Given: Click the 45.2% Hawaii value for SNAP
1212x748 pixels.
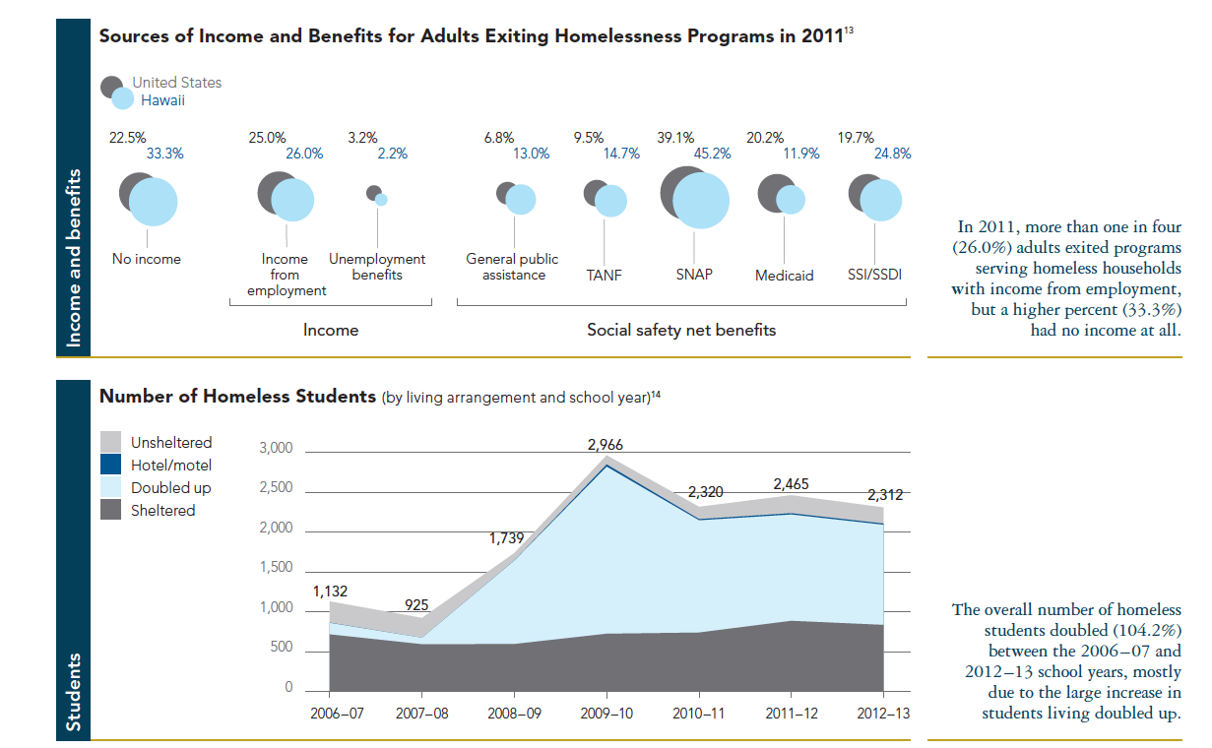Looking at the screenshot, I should [712, 154].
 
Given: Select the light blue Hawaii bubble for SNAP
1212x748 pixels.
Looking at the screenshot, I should [701, 201].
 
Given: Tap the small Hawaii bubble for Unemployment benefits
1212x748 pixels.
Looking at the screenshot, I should [381, 200].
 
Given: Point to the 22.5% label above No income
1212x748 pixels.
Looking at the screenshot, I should [127, 138].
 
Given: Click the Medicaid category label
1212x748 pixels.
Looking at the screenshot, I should [784, 276].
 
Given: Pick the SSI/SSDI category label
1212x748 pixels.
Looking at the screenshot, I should [874, 275].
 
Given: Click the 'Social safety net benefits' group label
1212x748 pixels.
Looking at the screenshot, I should [681, 330].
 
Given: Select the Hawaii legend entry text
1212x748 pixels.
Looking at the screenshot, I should [162, 100].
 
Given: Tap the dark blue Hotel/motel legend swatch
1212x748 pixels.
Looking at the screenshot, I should [112, 465].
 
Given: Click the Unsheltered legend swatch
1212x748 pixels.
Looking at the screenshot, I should [112, 442].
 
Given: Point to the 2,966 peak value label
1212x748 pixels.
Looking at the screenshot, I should [606, 445].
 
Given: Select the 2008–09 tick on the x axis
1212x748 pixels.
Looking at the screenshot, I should [514, 714].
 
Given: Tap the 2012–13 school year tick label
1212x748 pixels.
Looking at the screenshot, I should [884, 714].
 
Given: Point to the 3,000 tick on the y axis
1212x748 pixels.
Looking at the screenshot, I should [276, 449].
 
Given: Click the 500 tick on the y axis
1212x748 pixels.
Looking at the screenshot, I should [282, 648].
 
